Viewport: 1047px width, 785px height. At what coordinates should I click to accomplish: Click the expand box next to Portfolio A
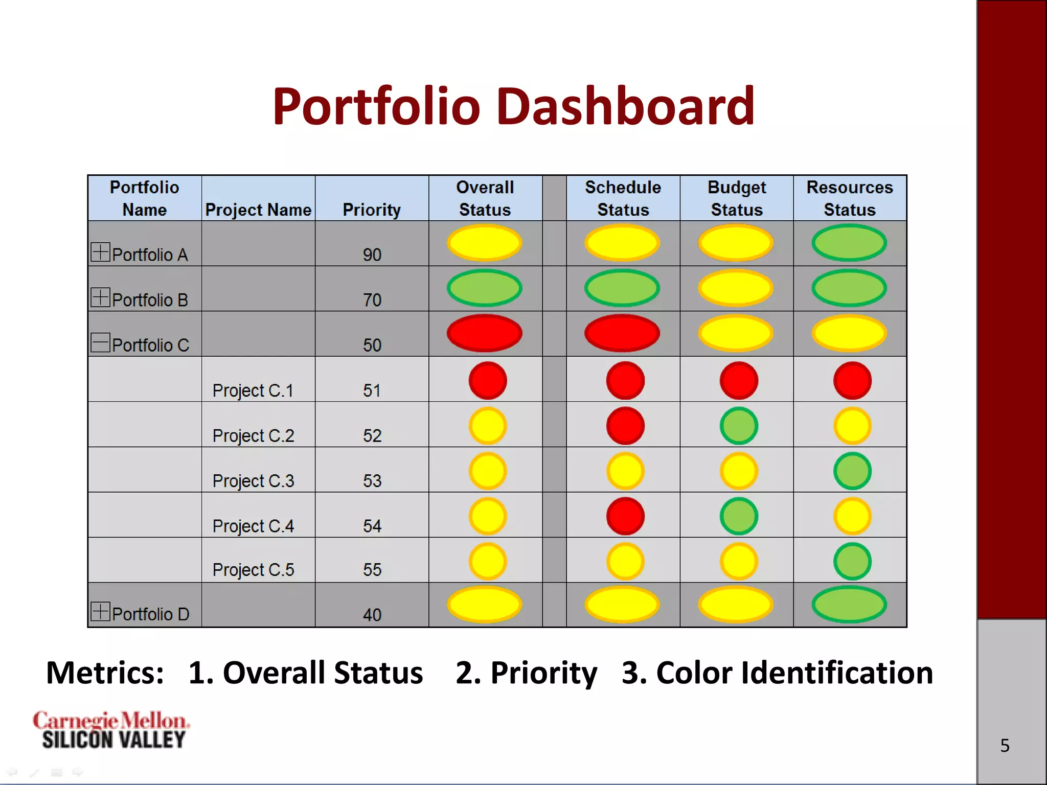100,252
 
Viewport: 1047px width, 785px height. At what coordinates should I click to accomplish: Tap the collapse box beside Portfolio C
100,342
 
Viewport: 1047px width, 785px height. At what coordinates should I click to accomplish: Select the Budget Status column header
736,198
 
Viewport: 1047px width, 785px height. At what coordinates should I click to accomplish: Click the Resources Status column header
850,198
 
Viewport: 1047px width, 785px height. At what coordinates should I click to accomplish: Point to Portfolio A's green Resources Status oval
849,243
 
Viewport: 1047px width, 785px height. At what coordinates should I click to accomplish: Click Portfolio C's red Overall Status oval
485,333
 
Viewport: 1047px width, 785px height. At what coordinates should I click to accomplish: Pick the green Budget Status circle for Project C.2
739,426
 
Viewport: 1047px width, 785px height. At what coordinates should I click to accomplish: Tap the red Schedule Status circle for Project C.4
625,516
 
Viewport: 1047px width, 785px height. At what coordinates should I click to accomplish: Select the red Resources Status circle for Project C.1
852,381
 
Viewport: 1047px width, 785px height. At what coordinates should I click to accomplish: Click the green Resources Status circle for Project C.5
852,561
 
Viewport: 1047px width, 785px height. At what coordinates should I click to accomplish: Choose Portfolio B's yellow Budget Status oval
736,288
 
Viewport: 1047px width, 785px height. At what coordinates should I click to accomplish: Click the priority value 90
372,255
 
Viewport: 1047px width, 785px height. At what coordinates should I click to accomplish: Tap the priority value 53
372,481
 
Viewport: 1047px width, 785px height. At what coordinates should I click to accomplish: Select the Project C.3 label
253,481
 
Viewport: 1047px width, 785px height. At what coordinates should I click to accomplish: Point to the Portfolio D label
150,614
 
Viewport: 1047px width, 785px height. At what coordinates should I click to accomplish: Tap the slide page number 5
1005,746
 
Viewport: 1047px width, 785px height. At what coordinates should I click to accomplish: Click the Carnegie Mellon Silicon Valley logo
111,730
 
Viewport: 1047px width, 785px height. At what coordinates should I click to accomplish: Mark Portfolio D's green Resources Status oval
849,605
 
